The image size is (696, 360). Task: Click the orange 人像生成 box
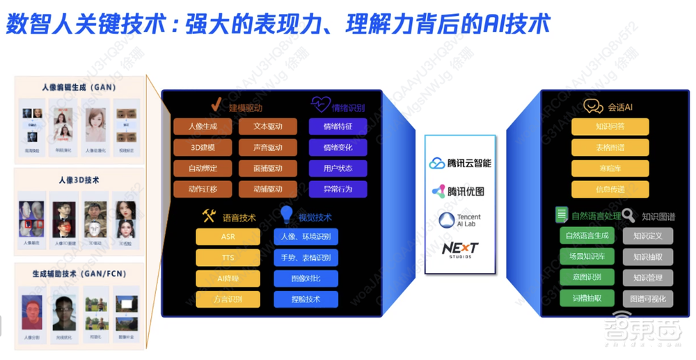click(x=203, y=127)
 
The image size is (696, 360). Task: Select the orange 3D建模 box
click(x=203, y=148)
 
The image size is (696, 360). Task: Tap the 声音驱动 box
click(x=268, y=148)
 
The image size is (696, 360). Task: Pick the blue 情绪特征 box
click(x=338, y=127)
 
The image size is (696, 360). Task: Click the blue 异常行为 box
click(x=338, y=189)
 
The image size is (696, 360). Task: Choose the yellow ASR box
click(x=228, y=237)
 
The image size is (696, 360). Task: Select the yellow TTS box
click(x=228, y=258)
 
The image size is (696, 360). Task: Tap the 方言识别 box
click(x=228, y=299)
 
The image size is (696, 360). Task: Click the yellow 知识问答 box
click(x=610, y=127)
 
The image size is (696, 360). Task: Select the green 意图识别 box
click(x=587, y=277)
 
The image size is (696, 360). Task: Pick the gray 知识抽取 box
click(x=647, y=257)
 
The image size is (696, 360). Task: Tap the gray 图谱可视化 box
click(x=647, y=298)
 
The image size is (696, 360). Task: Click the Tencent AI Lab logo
click(x=460, y=221)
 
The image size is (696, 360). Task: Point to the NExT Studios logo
click(x=460, y=249)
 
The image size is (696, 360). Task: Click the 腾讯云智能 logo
click(x=460, y=163)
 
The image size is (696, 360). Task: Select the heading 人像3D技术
click(x=79, y=180)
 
